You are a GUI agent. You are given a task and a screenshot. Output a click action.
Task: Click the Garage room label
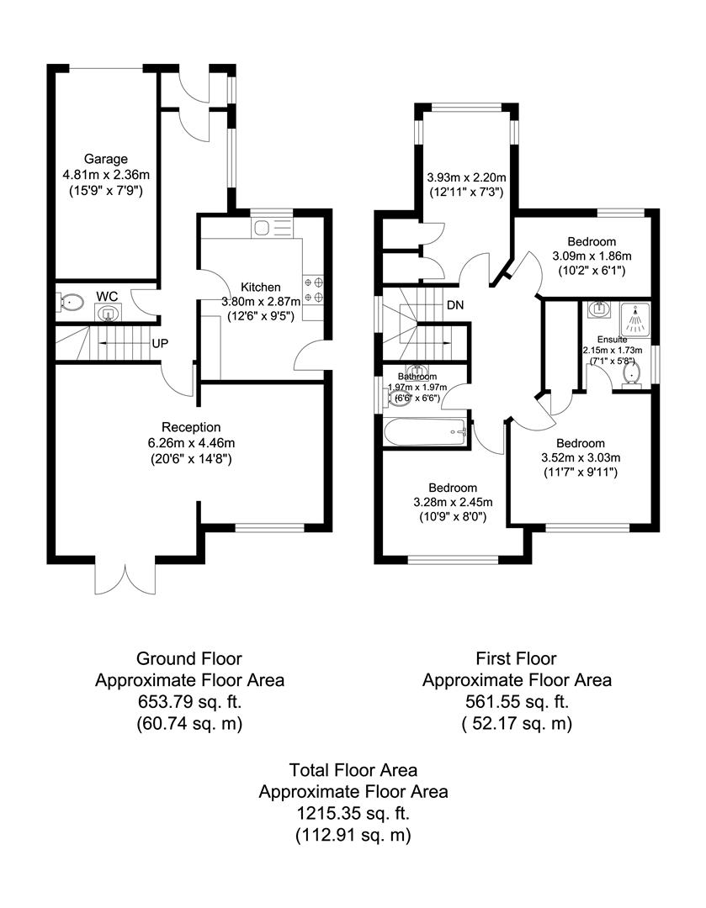point(105,159)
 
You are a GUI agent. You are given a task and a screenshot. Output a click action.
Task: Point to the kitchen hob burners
point(315,289)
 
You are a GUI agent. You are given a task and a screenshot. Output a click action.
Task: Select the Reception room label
point(191,427)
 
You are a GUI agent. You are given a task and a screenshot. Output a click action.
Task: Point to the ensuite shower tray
point(635,319)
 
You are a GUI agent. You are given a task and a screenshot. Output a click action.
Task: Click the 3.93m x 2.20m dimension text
point(466,178)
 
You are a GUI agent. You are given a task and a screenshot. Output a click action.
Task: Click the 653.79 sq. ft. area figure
point(189,701)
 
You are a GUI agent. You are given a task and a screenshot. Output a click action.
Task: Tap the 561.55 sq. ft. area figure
point(516,701)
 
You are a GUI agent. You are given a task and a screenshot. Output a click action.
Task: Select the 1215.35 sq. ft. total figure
point(353,813)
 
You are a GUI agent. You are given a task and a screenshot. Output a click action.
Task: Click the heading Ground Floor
point(189,658)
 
